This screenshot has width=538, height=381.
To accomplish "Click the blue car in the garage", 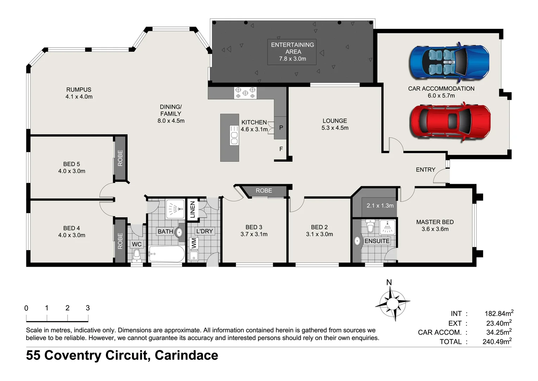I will coord(449,62).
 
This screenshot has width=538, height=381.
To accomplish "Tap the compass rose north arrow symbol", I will coord(392,302).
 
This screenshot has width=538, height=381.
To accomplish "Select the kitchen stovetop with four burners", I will coord(245,93).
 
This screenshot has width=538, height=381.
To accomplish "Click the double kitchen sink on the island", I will coord(234,135).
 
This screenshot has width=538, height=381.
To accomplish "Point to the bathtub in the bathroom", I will coord(167,254).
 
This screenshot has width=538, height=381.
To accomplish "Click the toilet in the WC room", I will coord(137,255).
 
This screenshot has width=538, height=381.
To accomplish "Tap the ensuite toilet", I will coord(370,226).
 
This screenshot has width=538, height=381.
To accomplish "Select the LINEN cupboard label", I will coord(192,210).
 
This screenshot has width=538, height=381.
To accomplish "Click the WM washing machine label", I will coord(193,243).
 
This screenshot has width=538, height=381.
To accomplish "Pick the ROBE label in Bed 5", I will coord(120,158).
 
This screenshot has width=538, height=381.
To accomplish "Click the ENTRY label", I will coord(425,170).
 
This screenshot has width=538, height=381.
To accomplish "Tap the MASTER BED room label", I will coord(435,222).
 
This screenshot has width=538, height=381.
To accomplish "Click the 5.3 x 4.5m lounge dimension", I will coord(335,128).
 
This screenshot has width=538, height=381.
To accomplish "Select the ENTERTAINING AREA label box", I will coord(292,52).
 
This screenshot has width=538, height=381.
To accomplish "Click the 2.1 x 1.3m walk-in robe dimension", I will coord(380,205).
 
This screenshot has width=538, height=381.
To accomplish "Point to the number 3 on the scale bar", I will coord(88,308).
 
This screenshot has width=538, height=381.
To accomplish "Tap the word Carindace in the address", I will coord(186,355).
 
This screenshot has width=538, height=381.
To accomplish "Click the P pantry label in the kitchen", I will coord(281,128).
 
